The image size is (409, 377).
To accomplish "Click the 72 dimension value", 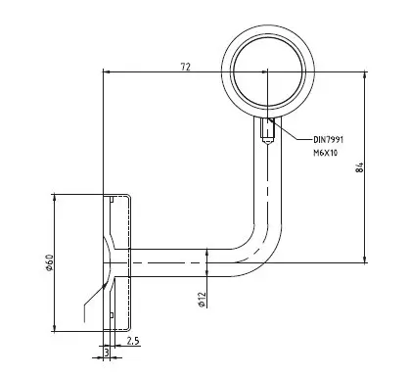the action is pyautogui.click(x=186, y=67).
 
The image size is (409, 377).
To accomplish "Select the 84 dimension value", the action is pyautogui.click(x=359, y=167).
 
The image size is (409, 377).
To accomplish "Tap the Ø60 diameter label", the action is pyautogui.click(x=49, y=262).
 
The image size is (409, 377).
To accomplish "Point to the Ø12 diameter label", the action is pyautogui.click(x=202, y=300).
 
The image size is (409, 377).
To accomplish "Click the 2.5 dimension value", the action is pyautogui.click(x=133, y=341).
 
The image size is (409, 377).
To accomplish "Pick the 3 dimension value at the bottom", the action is pyautogui.click(x=107, y=353).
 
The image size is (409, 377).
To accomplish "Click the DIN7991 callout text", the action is pyautogui.click(x=329, y=140).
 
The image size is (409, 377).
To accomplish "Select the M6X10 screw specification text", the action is pyautogui.click(x=326, y=153).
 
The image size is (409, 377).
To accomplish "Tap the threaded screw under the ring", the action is pyautogui.click(x=268, y=130).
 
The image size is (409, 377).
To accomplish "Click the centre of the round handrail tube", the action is pyautogui.click(x=268, y=71).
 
